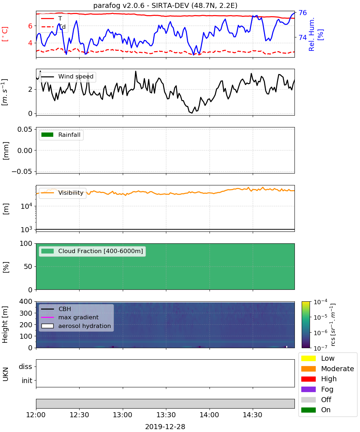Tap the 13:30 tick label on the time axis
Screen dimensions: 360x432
[x=166, y=415]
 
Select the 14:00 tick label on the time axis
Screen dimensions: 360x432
[x=209, y=415]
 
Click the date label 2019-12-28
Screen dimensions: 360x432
[x=165, y=426]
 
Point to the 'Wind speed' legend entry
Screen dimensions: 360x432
[x=67, y=77]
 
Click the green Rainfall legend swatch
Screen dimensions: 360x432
[x=48, y=135]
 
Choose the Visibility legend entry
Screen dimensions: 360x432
[x=62, y=193]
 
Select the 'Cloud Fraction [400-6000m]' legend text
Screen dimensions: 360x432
[x=100, y=251]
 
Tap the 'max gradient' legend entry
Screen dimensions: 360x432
[x=70, y=317]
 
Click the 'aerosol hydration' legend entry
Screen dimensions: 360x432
[x=76, y=326]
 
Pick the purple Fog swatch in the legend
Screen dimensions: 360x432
[x=308, y=389]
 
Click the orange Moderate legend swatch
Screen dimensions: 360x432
[x=308, y=369]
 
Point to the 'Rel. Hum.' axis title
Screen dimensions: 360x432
[x=311, y=34]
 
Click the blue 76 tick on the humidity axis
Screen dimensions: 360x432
[x=302, y=13]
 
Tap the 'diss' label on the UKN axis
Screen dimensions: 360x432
[x=25, y=366]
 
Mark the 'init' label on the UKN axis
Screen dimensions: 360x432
[x=27, y=381]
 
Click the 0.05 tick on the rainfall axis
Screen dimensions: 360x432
[x=25, y=129]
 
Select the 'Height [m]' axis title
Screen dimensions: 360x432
[x=5, y=325]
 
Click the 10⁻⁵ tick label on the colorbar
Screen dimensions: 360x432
[x=320, y=317]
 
